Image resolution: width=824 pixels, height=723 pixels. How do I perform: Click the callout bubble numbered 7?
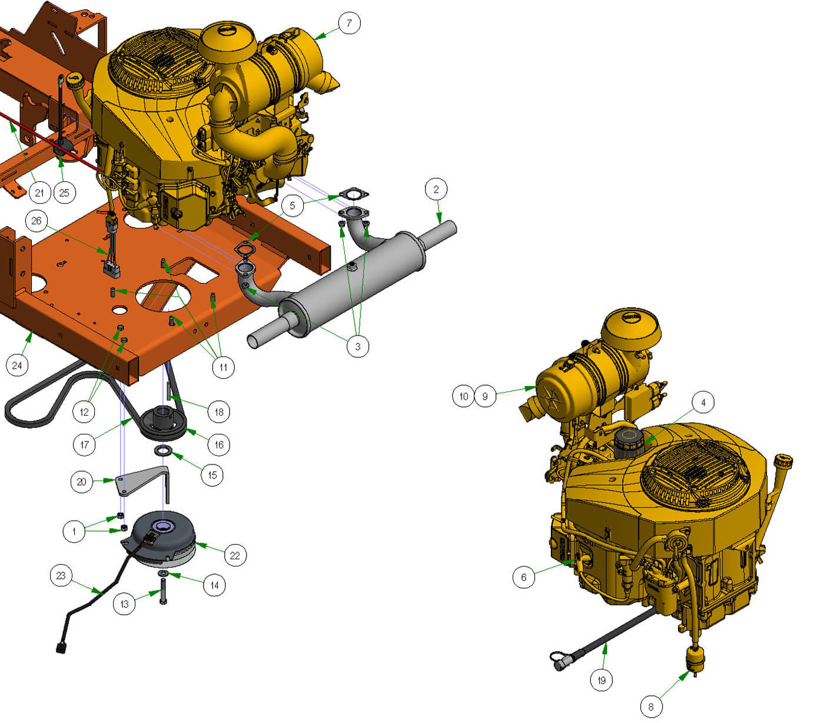click(349, 23)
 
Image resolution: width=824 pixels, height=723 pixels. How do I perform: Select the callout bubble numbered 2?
click(436, 189)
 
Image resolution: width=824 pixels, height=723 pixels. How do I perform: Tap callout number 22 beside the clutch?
click(235, 555)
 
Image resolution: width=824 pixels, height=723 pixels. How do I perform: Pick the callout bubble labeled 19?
click(601, 680)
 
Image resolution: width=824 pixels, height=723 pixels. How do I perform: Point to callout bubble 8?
click(651, 707)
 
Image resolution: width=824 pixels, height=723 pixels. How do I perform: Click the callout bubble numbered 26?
click(36, 221)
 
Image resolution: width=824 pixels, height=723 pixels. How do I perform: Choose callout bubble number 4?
click(703, 402)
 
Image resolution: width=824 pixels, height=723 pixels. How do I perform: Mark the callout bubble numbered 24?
click(17, 365)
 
